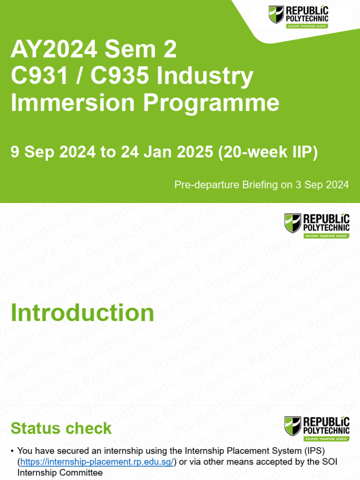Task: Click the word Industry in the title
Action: (205, 75)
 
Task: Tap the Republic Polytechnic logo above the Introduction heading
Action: (316, 225)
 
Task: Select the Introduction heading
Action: (82, 313)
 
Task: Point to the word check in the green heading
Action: (89, 428)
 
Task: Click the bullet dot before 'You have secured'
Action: (12, 451)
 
